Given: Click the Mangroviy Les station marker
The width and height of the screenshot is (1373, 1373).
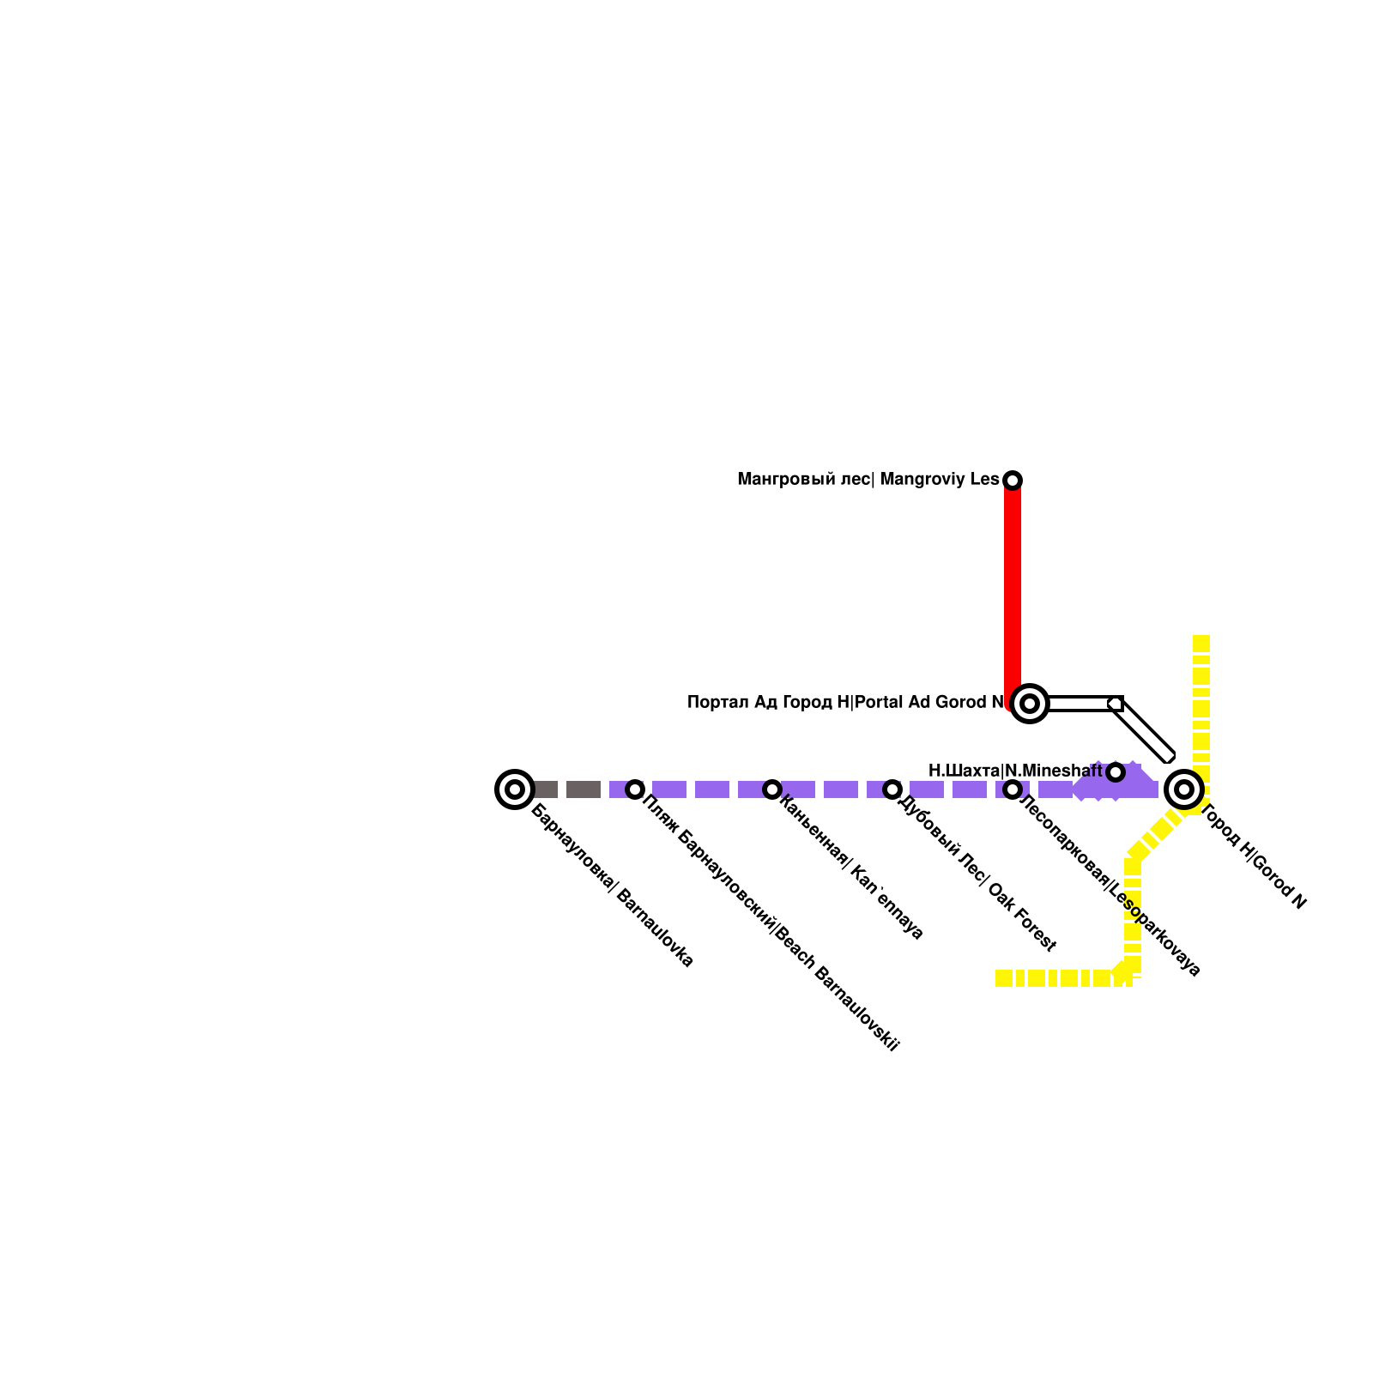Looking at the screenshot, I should click(1013, 480).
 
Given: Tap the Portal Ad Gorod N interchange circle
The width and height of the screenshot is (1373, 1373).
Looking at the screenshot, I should click(1030, 704).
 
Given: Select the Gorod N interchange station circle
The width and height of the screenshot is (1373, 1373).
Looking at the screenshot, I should click(1184, 789).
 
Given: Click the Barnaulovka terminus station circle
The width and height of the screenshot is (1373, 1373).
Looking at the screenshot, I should click(515, 789).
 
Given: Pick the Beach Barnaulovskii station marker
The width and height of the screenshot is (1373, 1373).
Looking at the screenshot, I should click(635, 789).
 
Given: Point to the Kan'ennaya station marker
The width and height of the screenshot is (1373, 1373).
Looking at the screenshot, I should click(772, 789).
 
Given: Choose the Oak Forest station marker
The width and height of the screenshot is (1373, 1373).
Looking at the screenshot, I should click(892, 789).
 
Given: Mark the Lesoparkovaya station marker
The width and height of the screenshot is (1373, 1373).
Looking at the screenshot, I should click(1013, 789).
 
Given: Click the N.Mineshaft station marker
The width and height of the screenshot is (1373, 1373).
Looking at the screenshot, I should click(1116, 772).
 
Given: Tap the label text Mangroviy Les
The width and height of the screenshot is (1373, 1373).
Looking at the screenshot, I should click(868, 480).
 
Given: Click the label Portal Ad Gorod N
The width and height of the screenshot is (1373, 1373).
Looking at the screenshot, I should click(845, 703).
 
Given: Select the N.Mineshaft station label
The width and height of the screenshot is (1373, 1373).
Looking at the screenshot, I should click(1015, 771).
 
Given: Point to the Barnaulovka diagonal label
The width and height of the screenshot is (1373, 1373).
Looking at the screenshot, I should click(613, 886).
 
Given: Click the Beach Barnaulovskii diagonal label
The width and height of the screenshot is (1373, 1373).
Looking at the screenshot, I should click(771, 924).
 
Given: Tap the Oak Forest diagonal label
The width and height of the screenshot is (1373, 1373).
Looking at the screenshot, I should click(977, 873).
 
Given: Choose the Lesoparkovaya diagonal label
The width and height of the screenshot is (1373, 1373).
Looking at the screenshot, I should click(1110, 885).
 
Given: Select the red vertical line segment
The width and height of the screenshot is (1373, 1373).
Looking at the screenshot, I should click(1013, 592).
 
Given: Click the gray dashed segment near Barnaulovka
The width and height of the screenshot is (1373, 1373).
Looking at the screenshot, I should click(566, 789).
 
